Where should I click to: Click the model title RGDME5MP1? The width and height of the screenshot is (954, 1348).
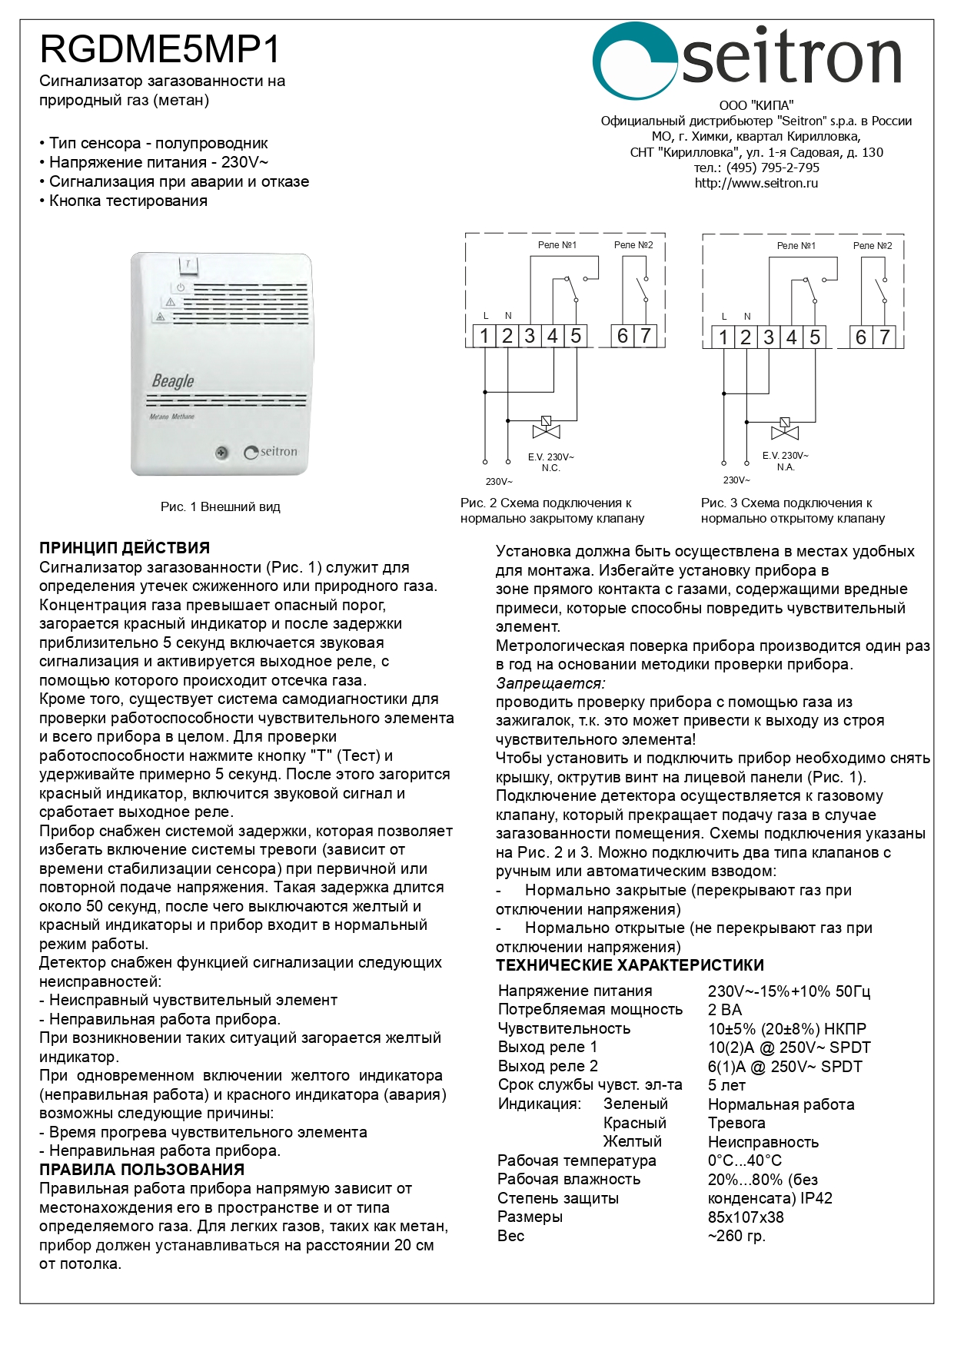[160, 49]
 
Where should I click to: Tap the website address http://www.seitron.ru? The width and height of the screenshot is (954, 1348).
[756, 183]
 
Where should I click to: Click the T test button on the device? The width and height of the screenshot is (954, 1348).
[188, 264]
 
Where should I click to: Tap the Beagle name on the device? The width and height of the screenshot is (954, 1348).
[173, 380]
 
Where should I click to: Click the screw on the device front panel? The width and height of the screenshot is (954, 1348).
[221, 453]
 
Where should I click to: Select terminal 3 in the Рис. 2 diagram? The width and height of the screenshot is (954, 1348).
[530, 336]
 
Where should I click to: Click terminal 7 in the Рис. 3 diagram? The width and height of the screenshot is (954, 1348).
[884, 337]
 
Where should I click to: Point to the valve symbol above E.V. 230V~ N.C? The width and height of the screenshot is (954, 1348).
[546, 427]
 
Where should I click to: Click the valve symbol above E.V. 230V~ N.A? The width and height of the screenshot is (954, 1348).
[784, 428]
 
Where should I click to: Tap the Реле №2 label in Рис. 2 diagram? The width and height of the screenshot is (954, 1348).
[633, 245]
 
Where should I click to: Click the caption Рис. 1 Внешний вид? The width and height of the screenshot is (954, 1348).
[220, 506]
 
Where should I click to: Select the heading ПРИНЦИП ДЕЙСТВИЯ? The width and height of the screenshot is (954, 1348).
[125, 548]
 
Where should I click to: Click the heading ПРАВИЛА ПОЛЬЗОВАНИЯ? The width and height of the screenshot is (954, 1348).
[141, 1169]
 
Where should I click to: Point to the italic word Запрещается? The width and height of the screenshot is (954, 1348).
[550, 682]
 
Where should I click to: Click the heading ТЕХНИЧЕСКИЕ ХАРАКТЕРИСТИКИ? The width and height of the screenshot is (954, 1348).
[630, 965]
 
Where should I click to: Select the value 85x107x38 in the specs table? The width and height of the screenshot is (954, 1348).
[746, 1217]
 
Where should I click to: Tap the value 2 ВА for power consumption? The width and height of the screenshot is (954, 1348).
[725, 1010]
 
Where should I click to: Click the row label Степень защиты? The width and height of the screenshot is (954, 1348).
[557, 1197]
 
